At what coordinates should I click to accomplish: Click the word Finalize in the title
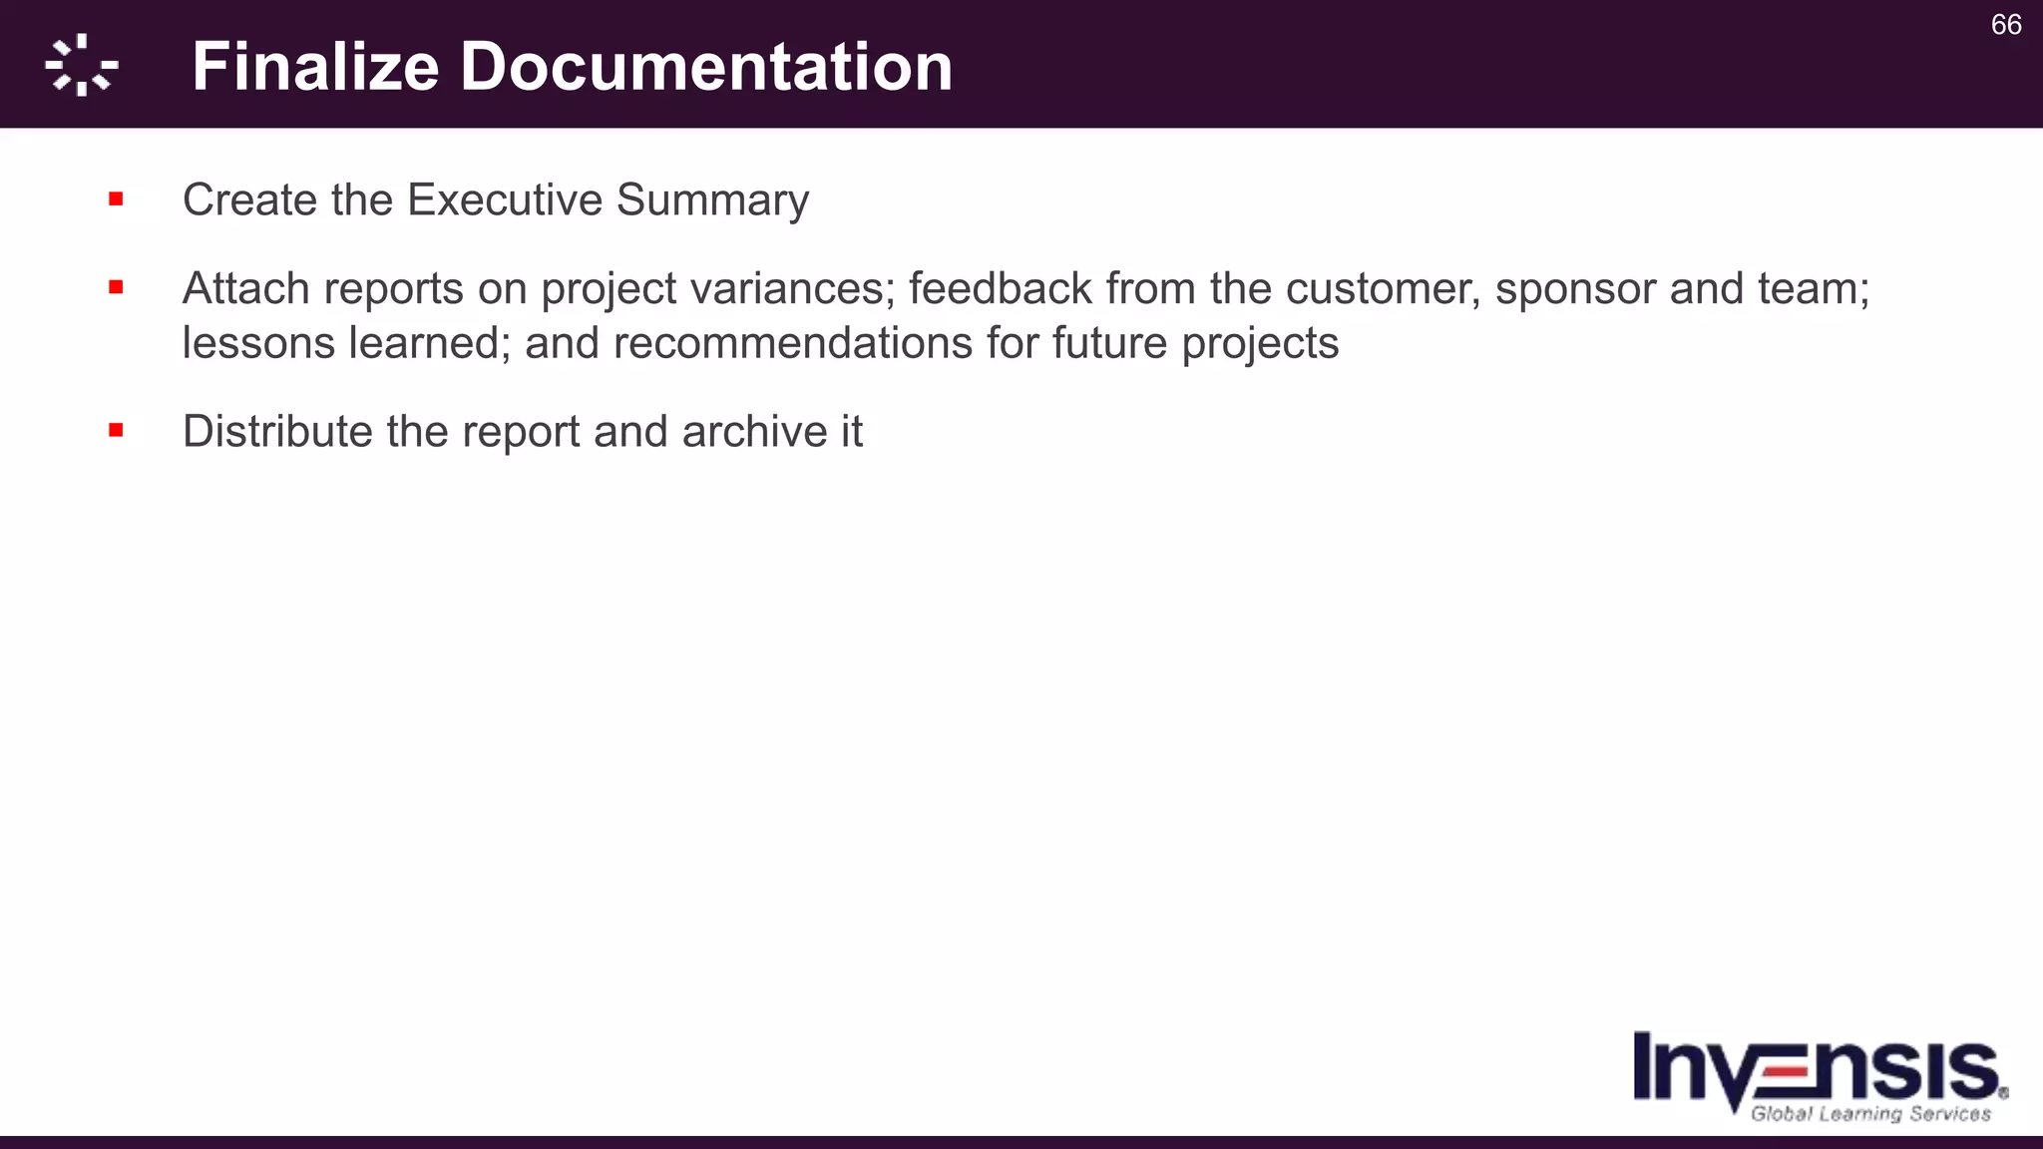tap(315, 67)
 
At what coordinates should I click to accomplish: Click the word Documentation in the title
tap(706, 67)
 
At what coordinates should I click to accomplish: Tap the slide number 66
tap(2005, 25)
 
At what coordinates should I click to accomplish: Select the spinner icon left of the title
tap(82, 66)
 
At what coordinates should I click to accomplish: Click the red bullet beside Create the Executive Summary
tap(117, 199)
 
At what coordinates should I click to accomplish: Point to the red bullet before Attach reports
tap(117, 288)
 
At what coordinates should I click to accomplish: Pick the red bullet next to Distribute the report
tap(117, 431)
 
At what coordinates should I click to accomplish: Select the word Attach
tap(245, 288)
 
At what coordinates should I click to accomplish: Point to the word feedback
tap(1000, 288)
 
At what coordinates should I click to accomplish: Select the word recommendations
tap(792, 343)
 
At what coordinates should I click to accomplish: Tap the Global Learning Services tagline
tap(1870, 1114)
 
